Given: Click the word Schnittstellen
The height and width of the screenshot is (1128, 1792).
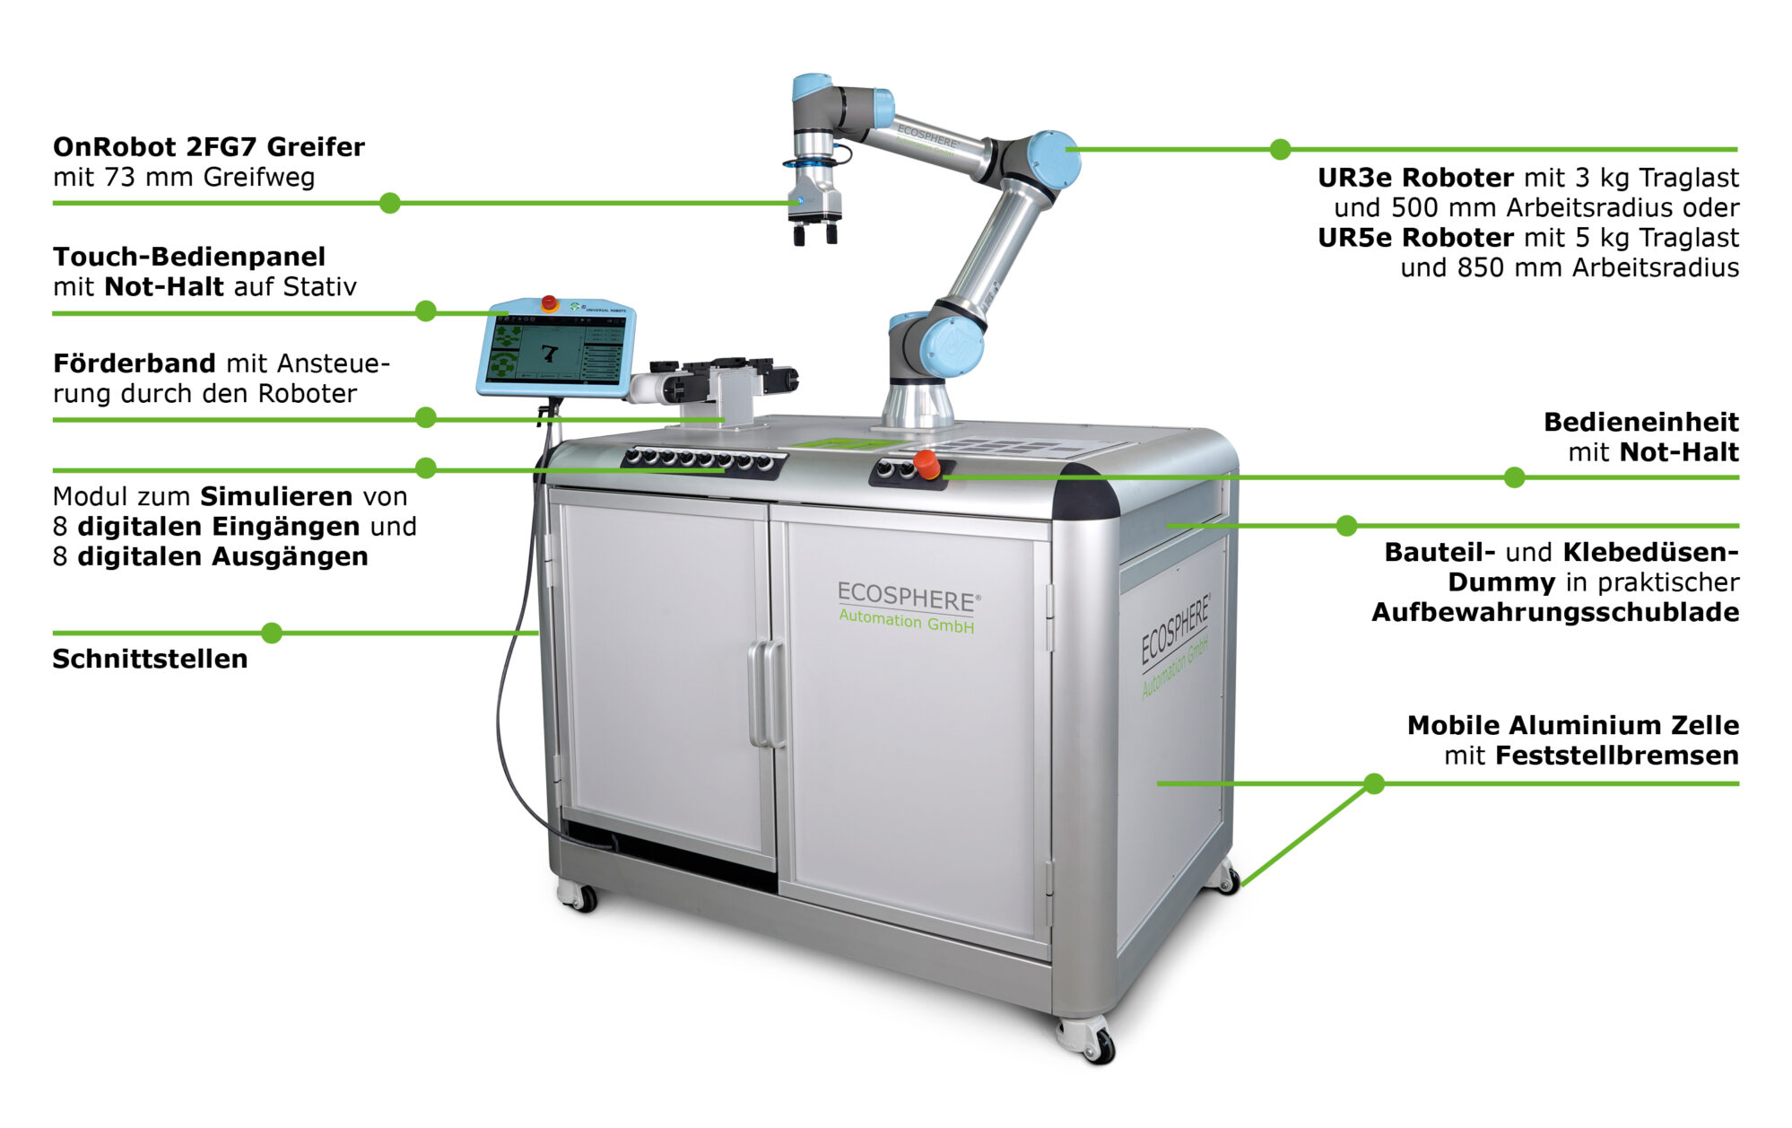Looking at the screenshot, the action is tap(150, 659).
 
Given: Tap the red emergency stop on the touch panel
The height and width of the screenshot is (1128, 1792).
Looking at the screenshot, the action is tap(549, 302).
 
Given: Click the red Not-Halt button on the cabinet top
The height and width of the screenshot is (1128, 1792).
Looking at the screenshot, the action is tap(926, 465).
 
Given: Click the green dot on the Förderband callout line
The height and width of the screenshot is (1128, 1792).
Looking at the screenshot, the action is tap(426, 417).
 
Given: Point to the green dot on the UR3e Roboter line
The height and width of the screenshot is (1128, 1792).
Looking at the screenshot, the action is tap(1281, 149).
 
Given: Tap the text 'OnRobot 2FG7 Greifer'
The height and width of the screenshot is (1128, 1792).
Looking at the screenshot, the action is tap(209, 146).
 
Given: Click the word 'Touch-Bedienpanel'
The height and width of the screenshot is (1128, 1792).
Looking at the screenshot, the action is tap(189, 257).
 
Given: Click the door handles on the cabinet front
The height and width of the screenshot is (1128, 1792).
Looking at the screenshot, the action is tap(767, 693).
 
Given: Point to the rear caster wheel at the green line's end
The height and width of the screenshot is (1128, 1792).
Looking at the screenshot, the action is tap(1224, 877).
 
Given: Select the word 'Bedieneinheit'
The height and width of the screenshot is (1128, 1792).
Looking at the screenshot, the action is tap(1641, 422).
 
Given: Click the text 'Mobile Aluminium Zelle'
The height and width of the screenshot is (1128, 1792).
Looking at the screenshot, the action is tap(1573, 725).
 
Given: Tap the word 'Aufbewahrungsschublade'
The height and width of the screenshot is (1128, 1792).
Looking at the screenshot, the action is tap(1555, 612).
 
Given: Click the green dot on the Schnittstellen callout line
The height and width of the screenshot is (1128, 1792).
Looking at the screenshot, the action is tap(272, 633).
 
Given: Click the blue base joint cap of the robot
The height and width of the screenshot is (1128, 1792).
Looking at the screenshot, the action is tap(951, 347).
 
